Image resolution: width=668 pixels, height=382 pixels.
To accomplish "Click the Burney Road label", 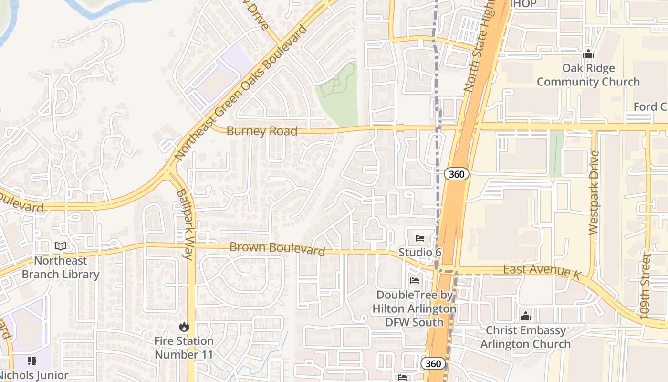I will (x=261, y=131).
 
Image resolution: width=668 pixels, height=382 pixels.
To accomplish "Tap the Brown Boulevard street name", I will (x=277, y=249).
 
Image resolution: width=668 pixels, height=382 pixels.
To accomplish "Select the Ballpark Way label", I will (x=185, y=224).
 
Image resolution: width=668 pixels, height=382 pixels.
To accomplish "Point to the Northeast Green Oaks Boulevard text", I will (x=240, y=93).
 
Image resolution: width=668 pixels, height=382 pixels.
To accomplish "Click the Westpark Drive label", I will (x=594, y=193).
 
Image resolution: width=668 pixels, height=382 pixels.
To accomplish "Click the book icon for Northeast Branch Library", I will (x=61, y=246).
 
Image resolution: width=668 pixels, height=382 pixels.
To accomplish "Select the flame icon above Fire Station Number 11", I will (x=184, y=327).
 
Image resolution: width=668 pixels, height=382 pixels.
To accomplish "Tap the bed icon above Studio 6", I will (x=420, y=238).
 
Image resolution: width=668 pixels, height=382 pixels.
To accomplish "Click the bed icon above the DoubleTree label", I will (x=415, y=281).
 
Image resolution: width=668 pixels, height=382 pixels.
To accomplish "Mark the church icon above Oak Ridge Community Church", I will (x=588, y=54).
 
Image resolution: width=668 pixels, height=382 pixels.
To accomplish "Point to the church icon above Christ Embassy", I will (x=525, y=316).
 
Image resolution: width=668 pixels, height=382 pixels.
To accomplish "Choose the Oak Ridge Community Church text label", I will (x=588, y=75).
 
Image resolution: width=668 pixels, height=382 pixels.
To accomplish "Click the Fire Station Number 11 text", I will (x=184, y=348).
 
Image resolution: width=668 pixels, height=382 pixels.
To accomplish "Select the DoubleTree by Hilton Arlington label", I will (x=414, y=308).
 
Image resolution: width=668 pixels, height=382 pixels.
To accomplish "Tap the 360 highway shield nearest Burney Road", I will (x=457, y=174).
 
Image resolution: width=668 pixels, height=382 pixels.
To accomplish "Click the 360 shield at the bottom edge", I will (x=433, y=363).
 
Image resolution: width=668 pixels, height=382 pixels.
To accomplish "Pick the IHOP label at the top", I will (x=523, y=4).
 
